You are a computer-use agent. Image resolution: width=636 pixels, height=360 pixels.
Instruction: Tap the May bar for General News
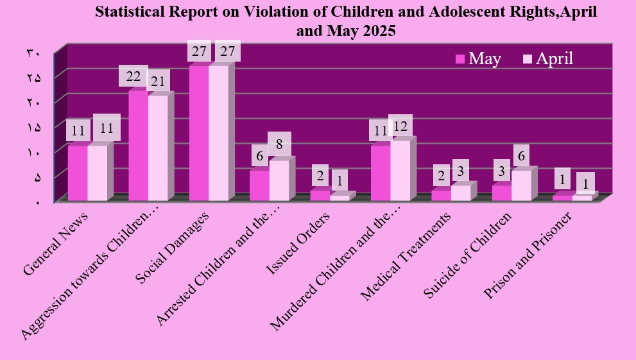pyautogui.click(x=78, y=173)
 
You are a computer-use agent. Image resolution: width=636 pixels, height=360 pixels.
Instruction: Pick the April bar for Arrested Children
pyautogui.click(x=279, y=180)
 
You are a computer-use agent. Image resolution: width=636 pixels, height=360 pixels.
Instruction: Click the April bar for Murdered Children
pyautogui.click(x=400, y=171)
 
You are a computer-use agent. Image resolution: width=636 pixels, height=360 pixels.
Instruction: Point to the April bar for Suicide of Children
pyautogui.click(x=520, y=185)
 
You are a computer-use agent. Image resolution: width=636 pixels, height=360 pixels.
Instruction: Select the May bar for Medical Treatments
pyautogui.click(x=441, y=195)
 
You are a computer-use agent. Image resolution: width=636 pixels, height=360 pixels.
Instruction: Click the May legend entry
pyautogui.click(x=478, y=58)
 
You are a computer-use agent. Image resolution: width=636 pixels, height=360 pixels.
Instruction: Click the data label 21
pyautogui.click(x=158, y=81)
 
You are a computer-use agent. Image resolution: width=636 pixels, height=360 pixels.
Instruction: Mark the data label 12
pyautogui.click(x=400, y=126)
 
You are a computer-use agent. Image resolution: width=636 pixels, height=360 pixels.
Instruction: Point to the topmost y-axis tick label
pyautogui.click(x=33, y=53)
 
